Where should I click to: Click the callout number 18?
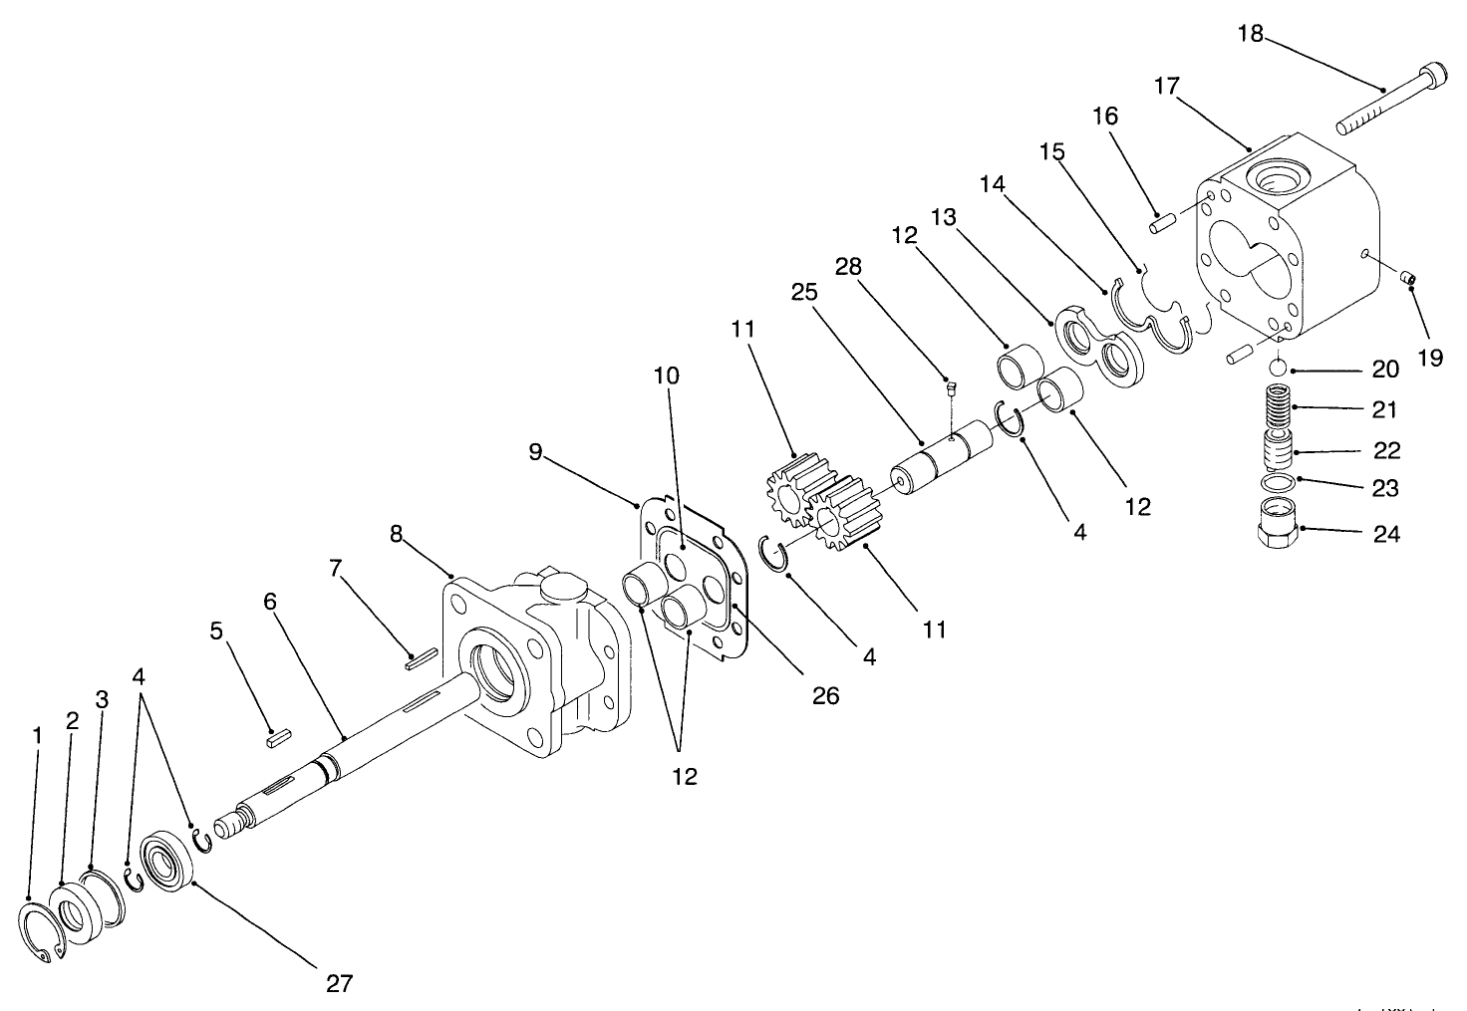coord(1250,34)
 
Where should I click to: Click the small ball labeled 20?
coord(1279,370)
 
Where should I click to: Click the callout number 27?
coord(339,983)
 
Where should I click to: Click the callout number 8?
coord(397,534)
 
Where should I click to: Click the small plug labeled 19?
coord(1408,278)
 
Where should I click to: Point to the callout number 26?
coord(825,695)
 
